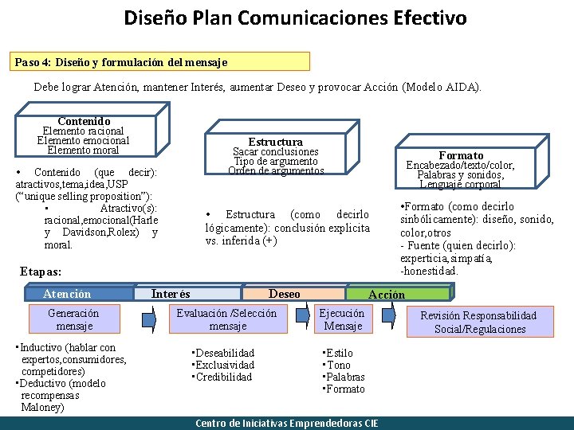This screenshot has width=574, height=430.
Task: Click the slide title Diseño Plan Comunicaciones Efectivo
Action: [x=295, y=18]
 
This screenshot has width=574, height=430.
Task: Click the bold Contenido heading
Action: [x=84, y=121]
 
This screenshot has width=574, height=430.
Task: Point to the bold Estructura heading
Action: [x=275, y=142]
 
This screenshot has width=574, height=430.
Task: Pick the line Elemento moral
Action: [x=83, y=150]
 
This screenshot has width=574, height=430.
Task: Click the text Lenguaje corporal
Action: [x=461, y=185]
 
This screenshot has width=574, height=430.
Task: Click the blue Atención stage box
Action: [x=67, y=294]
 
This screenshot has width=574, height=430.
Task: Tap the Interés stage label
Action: [x=171, y=294]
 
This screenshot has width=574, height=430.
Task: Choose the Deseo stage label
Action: [x=285, y=294]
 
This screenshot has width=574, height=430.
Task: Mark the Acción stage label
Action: [x=387, y=295]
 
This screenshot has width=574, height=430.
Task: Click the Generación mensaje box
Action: [x=73, y=319]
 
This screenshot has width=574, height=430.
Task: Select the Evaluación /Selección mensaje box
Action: [x=226, y=319]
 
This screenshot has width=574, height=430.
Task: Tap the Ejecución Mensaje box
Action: [x=343, y=319]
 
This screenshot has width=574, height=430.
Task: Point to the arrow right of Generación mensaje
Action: [x=149, y=319]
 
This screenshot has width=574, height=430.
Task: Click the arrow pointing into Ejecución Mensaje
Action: [x=308, y=319]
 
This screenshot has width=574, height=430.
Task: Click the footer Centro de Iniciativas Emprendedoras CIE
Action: [x=287, y=423]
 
